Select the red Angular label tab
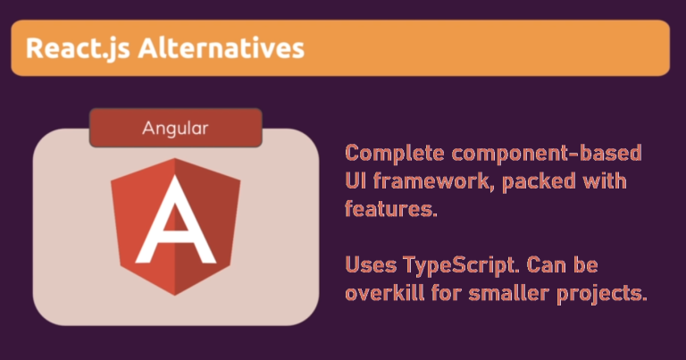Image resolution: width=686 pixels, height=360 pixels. [x=175, y=128]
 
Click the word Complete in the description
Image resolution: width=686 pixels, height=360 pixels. [x=388, y=152]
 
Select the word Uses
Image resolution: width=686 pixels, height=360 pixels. [x=370, y=266]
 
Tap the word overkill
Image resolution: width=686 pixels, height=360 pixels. [x=381, y=295]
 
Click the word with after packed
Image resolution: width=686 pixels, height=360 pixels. [x=606, y=181]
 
